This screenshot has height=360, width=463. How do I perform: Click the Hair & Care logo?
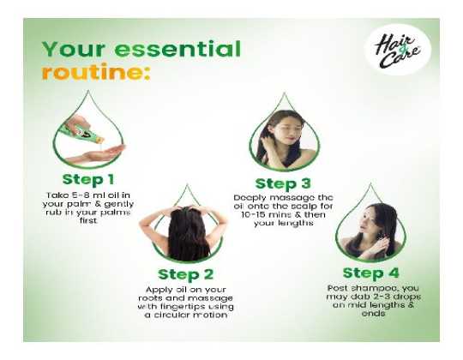(397, 50)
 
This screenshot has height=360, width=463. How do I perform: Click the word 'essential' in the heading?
(177, 49)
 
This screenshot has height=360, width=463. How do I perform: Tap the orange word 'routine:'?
(96, 72)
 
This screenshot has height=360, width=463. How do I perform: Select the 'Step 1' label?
(88, 180)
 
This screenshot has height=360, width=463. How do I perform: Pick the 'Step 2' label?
(185, 275)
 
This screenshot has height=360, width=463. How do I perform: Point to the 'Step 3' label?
(283, 183)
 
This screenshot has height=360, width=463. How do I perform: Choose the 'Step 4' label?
(370, 273)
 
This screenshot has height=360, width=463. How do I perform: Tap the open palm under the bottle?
(99, 154)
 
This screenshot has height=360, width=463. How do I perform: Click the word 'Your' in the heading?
(74, 49)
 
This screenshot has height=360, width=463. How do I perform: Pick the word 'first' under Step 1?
(88, 221)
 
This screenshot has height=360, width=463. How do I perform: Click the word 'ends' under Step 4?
(373, 314)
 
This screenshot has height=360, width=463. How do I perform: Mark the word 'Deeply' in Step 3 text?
(250, 198)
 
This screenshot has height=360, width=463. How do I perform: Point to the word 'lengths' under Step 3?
(295, 224)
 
